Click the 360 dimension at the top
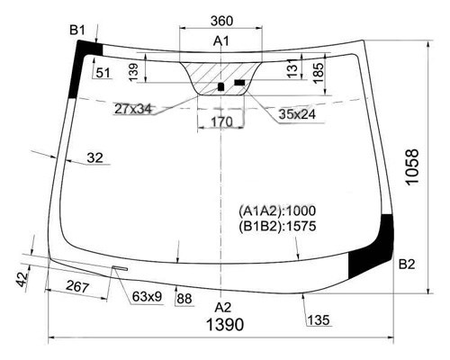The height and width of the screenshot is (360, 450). (x=221, y=21)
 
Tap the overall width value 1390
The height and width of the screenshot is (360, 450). (x=225, y=325)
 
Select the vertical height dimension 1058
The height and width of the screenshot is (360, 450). (x=412, y=167)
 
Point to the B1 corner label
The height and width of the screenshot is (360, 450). (x=77, y=31)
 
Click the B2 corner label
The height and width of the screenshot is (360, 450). (x=407, y=265)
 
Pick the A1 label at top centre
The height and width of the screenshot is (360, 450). (x=221, y=40)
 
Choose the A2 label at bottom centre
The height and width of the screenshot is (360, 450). (x=223, y=308)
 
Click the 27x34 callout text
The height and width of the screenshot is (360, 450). (x=133, y=109)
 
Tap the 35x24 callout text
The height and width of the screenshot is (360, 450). (x=297, y=114)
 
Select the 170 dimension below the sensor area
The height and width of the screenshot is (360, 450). (x=221, y=122)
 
